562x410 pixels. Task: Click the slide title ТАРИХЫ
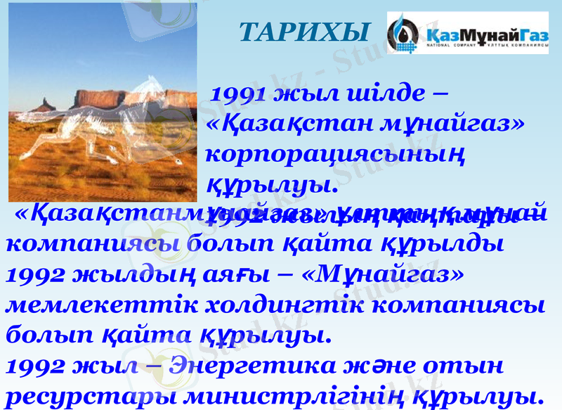click(304, 31)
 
